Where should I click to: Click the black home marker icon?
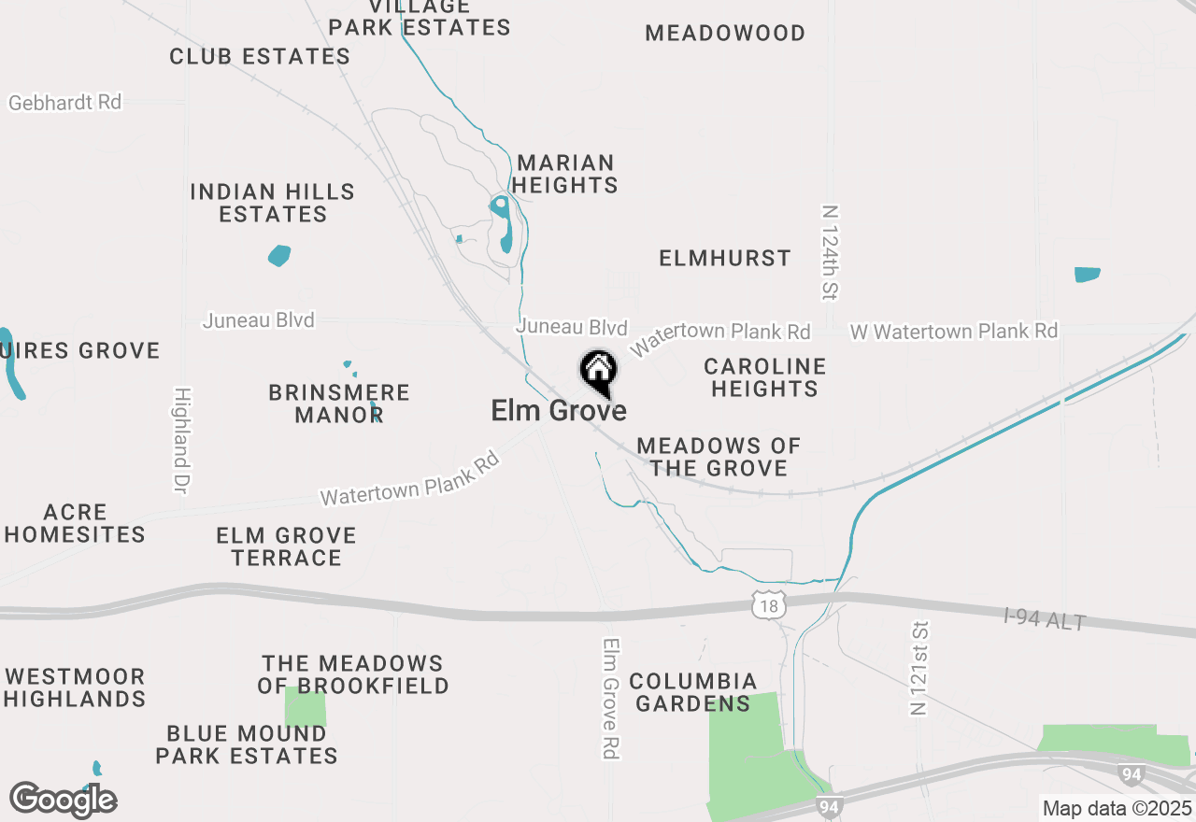598,371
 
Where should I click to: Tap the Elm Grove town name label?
559,410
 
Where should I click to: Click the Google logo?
64,800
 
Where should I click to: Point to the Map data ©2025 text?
1117,808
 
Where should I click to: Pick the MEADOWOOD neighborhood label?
725,34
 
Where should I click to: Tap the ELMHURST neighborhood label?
725,258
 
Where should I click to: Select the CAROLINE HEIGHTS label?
764,377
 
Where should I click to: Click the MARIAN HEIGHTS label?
566,174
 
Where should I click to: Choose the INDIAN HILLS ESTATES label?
273,203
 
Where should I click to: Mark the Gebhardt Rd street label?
65,103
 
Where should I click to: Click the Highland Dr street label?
181,441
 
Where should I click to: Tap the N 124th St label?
829,253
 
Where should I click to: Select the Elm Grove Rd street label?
612,698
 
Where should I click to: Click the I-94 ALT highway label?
1044,618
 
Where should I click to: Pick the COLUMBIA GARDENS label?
692,692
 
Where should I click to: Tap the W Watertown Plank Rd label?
953,332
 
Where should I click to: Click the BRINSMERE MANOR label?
339,404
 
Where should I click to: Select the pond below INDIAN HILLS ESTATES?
279,255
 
